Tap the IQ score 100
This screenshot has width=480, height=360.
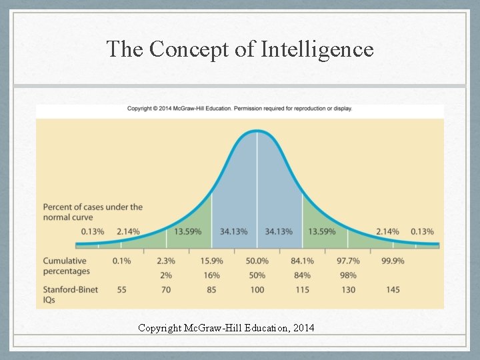pos(257,290)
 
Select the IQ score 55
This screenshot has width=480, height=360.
pos(121,290)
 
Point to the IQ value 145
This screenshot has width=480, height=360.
pos(393,290)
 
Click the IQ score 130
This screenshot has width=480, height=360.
pos(348,290)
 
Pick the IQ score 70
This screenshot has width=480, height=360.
pos(167,290)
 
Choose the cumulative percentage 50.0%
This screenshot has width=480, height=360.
pos(257,261)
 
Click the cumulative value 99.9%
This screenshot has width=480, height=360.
pos(393,261)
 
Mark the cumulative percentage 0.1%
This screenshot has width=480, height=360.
pos(121,261)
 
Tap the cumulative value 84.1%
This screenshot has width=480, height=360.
pos(303,261)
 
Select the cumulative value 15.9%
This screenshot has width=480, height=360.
pos(212,261)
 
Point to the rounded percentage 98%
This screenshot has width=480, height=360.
pos(348,275)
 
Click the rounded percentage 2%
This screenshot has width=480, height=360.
pos(167,275)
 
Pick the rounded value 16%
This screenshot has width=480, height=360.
pos(212,275)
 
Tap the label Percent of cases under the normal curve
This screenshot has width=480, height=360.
pos(92,212)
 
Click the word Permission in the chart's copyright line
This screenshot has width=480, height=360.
pos(253,109)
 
